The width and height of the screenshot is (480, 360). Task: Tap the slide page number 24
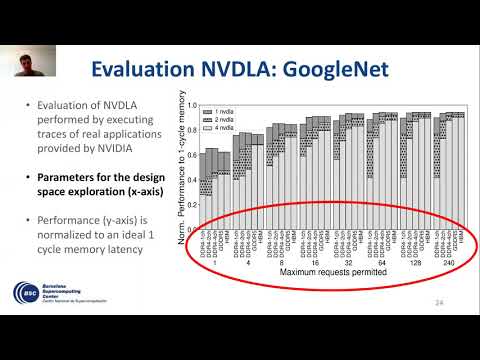(x=440, y=303)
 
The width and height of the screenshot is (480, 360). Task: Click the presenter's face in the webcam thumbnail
(x=23, y=63)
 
